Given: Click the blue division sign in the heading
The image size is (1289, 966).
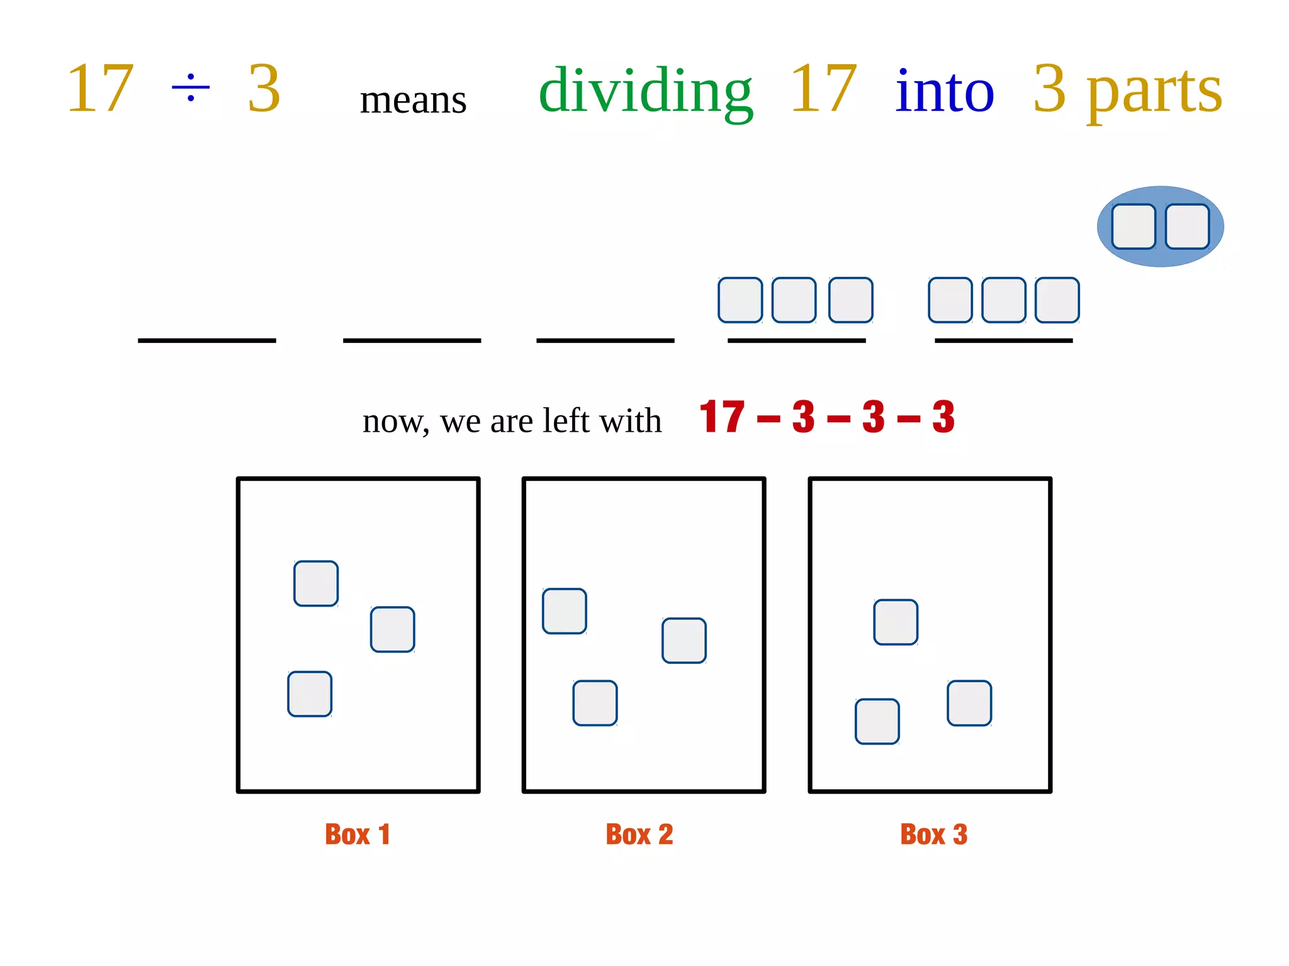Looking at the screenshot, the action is pos(191,87).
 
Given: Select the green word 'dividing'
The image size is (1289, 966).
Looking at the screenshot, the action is pos(645,91).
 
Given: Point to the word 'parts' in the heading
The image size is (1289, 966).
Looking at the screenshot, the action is pos(1154,93).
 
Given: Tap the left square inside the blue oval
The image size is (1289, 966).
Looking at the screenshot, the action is pos(1133,227).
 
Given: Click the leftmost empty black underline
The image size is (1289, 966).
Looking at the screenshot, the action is pos(206,340).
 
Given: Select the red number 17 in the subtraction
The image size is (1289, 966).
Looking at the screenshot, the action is pos(722,417).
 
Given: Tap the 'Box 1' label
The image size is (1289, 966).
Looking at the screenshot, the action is pos(357,834).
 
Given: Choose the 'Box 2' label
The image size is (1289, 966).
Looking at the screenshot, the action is pos(639,834).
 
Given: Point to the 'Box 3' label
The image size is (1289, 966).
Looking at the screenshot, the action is pos(933,834).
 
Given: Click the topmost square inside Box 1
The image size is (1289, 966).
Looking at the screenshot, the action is pos(316,583).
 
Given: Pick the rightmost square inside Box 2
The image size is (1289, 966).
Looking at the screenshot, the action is pos(684,641).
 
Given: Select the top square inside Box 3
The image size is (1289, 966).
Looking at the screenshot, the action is pos(896,622).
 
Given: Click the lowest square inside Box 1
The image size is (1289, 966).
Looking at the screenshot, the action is pos(310,694).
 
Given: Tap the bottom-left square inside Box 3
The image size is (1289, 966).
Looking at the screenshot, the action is pos(877,721).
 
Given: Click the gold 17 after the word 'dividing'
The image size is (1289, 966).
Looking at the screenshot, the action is pos(823,89).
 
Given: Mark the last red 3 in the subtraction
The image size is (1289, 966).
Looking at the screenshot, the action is pos(943,417).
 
